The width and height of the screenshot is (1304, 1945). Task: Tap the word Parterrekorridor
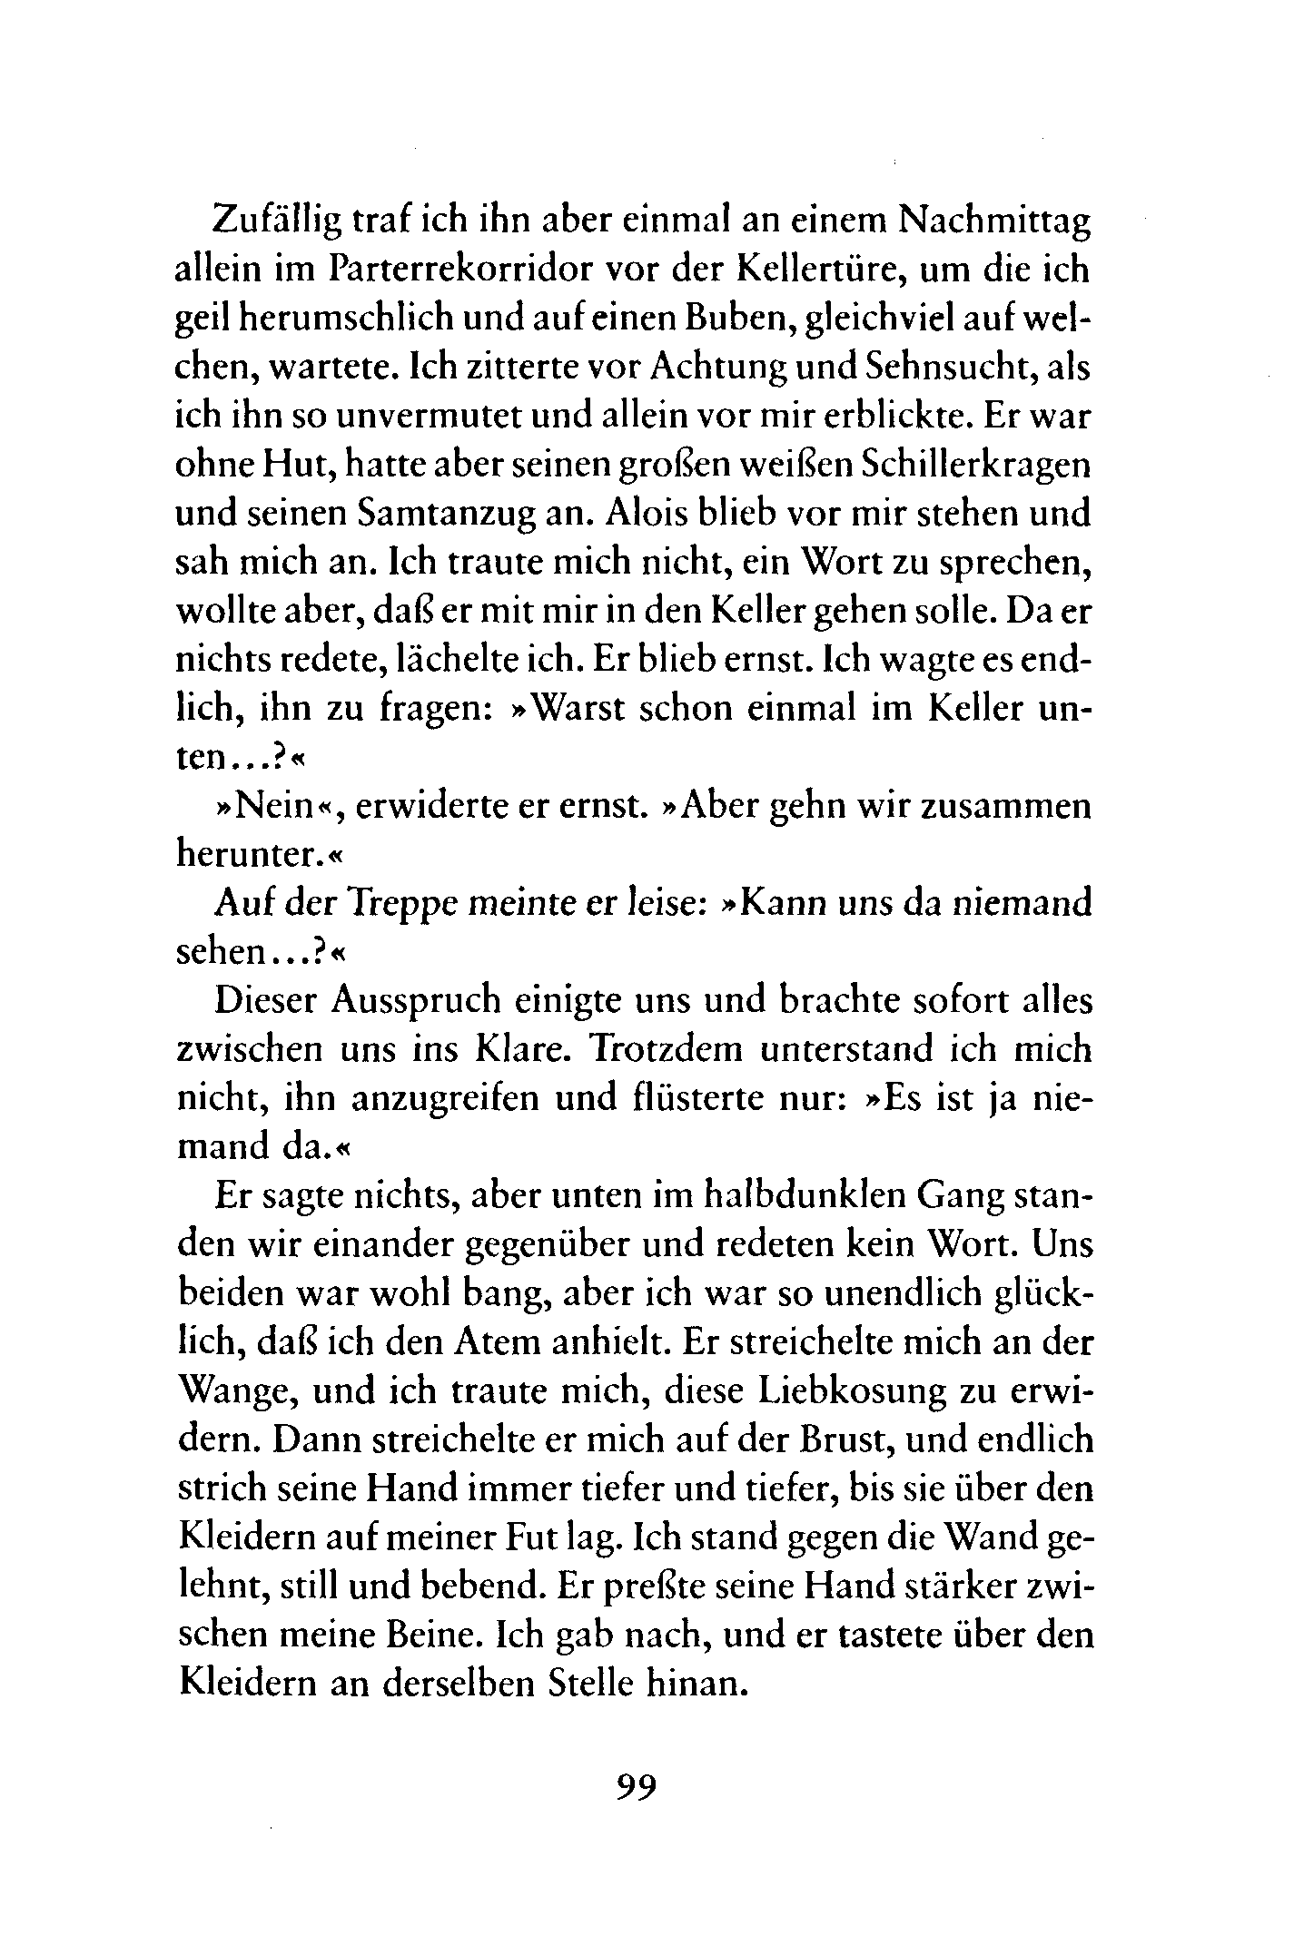[x=462, y=270]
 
